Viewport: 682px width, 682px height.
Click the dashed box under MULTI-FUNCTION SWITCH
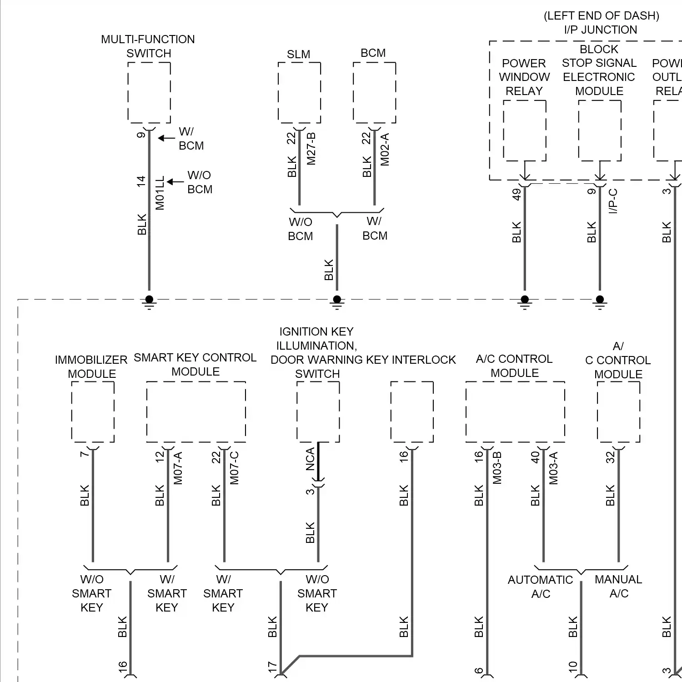[149, 92]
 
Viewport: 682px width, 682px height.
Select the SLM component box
[299, 92]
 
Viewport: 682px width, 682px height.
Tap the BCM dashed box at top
[374, 92]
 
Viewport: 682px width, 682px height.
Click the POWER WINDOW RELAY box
[524, 130]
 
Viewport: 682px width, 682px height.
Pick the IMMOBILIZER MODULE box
[93, 411]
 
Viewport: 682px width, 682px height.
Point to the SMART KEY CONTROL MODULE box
[196, 411]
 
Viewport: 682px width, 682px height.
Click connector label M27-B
[311, 149]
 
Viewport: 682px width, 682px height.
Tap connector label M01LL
[160, 193]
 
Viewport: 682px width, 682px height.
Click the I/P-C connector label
[613, 201]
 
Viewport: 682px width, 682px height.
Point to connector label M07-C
[234, 468]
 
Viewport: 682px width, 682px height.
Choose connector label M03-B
[497, 468]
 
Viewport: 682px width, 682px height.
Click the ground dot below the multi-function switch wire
[149, 299]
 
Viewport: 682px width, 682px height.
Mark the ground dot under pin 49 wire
[525, 299]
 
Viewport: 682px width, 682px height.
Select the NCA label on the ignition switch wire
[310, 459]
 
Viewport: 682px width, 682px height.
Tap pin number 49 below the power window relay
[517, 194]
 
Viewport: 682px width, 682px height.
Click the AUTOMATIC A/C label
[541, 587]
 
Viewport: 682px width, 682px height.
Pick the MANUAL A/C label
[618, 586]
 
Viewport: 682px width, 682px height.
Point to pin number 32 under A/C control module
[610, 457]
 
